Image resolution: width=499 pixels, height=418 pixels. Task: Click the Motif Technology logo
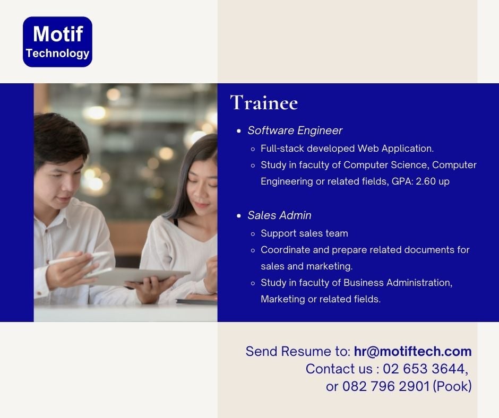coord(58,42)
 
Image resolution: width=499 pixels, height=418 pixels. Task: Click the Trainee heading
coord(264,102)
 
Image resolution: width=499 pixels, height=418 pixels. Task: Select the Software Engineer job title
coord(295,130)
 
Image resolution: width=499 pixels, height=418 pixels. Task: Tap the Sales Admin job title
coord(279,215)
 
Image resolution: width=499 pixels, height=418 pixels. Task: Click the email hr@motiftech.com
coord(413,352)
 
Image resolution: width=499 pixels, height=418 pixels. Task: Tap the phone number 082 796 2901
coord(386,387)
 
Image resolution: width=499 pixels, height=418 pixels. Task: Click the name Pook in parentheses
coord(452,387)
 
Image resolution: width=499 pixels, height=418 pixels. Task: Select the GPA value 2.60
coord(426,181)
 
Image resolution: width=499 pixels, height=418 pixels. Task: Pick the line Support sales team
coord(304,233)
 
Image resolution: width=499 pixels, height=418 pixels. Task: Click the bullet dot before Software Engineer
coord(239,130)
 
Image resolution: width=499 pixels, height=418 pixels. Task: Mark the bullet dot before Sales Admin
coord(239,216)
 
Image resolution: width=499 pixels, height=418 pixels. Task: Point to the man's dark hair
coord(59,137)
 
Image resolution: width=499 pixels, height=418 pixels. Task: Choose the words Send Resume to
coord(298,352)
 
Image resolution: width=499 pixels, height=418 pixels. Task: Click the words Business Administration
coord(398,283)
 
